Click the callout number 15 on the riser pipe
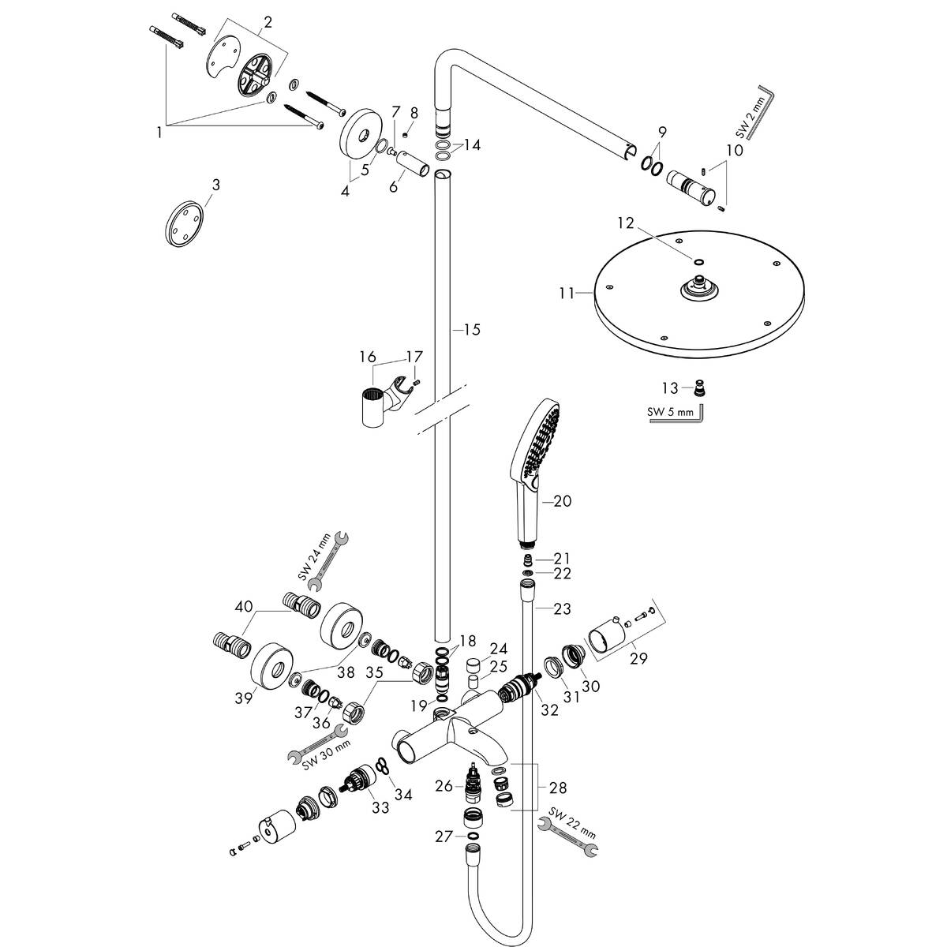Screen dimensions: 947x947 (x=471, y=329)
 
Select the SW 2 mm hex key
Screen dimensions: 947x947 (x=762, y=110)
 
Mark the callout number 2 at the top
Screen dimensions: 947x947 (x=268, y=23)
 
